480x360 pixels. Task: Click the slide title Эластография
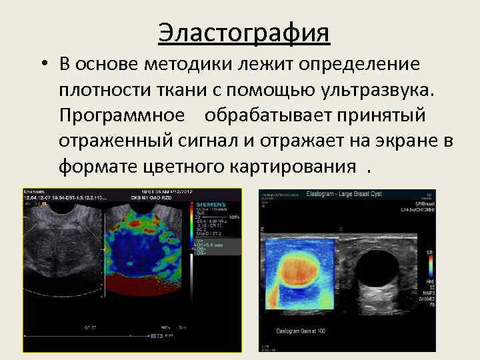pos(244,33)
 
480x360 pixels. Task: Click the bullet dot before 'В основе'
pos(42,65)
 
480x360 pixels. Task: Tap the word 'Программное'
pos(122,115)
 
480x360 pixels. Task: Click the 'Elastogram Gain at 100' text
pos(300,331)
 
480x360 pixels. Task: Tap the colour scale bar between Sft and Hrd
pos(429,266)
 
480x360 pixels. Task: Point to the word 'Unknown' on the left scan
pos(34,192)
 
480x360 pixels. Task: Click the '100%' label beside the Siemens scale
pos(234,217)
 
